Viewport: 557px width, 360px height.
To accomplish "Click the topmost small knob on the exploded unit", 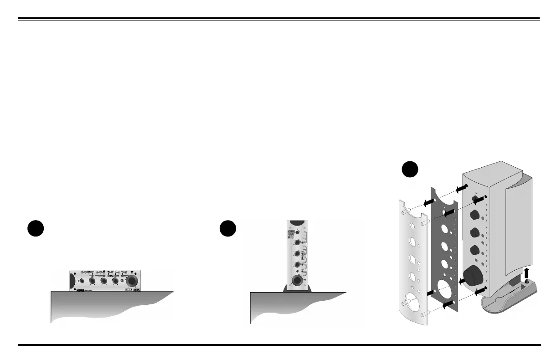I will coord(477,200).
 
